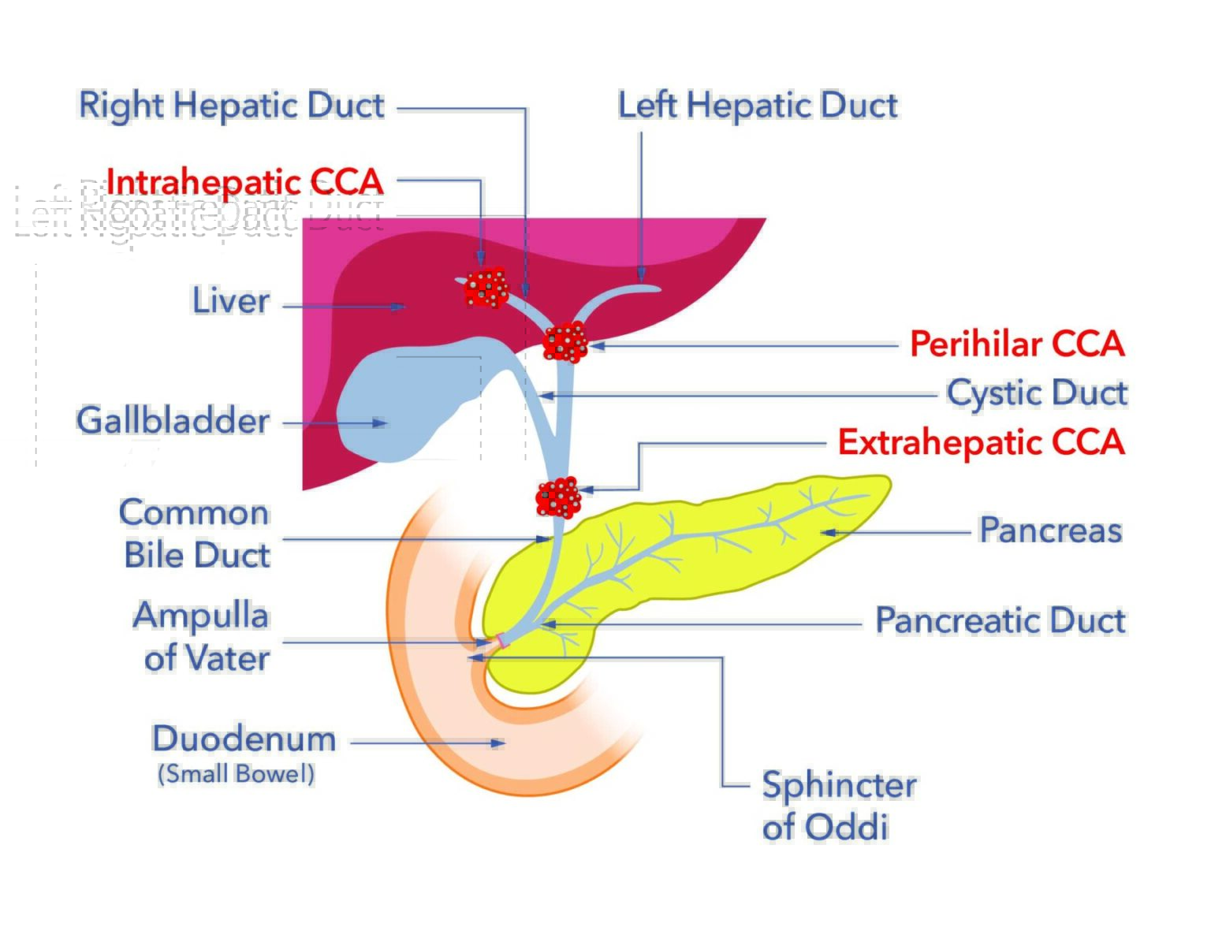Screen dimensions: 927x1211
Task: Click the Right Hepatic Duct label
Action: click(232, 106)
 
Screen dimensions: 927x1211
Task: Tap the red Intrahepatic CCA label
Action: click(244, 182)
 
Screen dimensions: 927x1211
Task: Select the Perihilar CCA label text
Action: click(1017, 344)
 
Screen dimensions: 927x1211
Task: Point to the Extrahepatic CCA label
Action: click(981, 442)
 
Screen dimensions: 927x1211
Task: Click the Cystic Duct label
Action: click(1037, 393)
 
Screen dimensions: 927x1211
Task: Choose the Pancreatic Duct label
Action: click(1000, 620)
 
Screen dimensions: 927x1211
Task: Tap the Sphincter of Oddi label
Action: click(838, 806)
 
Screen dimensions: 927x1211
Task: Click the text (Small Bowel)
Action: click(236, 774)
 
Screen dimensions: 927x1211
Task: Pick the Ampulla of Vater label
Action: click(202, 637)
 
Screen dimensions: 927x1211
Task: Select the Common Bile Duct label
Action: click(196, 534)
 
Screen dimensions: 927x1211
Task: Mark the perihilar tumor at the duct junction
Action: click(565, 342)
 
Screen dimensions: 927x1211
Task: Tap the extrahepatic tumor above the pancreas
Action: click(558, 497)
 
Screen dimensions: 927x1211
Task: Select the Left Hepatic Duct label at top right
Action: click(758, 106)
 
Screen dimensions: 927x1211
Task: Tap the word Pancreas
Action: click(1050, 530)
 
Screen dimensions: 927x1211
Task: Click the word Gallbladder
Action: click(173, 421)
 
